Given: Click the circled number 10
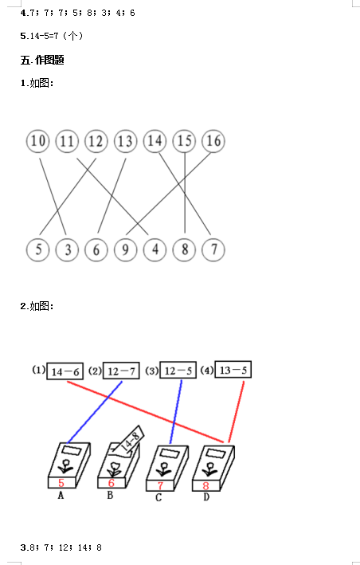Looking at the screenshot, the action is (x=37, y=141).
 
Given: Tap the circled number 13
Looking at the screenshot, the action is (x=125, y=141).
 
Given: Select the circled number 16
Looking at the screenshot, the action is (x=213, y=141).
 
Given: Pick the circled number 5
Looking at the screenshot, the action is (x=37, y=249).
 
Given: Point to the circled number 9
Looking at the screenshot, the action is (x=125, y=249).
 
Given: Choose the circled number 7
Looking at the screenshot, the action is (x=213, y=249).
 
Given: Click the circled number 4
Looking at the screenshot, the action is (x=155, y=249).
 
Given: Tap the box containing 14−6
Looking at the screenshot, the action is (x=65, y=371).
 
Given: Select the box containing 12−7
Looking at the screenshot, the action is (x=121, y=371).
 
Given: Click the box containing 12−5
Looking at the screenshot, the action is (x=178, y=370).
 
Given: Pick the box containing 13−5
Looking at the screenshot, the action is (x=233, y=369).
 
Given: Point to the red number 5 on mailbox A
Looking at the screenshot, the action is (x=61, y=483).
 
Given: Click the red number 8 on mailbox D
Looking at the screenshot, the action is (x=205, y=486).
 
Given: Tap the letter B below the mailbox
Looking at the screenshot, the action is (x=110, y=496).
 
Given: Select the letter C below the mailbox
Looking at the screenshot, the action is (x=158, y=497).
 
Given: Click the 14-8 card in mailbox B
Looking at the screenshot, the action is (x=128, y=441).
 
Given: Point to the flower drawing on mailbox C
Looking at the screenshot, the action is (x=164, y=469).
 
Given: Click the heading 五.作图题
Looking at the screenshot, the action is (x=42, y=60).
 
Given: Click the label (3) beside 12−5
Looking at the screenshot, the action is (x=151, y=371).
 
